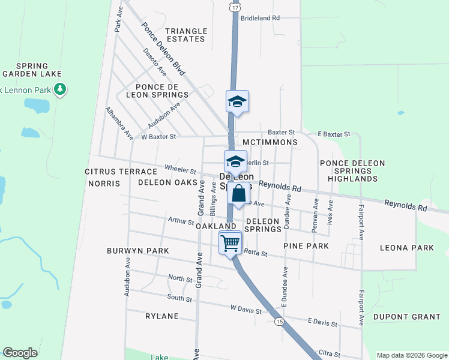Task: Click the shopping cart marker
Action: click(230, 243)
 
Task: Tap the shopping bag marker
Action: click(238, 194)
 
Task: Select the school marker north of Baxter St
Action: click(237, 101)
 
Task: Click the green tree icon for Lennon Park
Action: click(59, 90)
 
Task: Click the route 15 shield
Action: click(279, 322)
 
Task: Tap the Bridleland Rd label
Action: click(260, 18)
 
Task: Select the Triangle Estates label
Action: click(186, 35)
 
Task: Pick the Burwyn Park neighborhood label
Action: click(138, 250)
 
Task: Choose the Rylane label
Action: click(162, 316)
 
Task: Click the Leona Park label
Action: click(407, 247)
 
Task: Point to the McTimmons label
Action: click(270, 142)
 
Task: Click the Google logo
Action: click(20, 353)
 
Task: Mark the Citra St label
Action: click(329, 355)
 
